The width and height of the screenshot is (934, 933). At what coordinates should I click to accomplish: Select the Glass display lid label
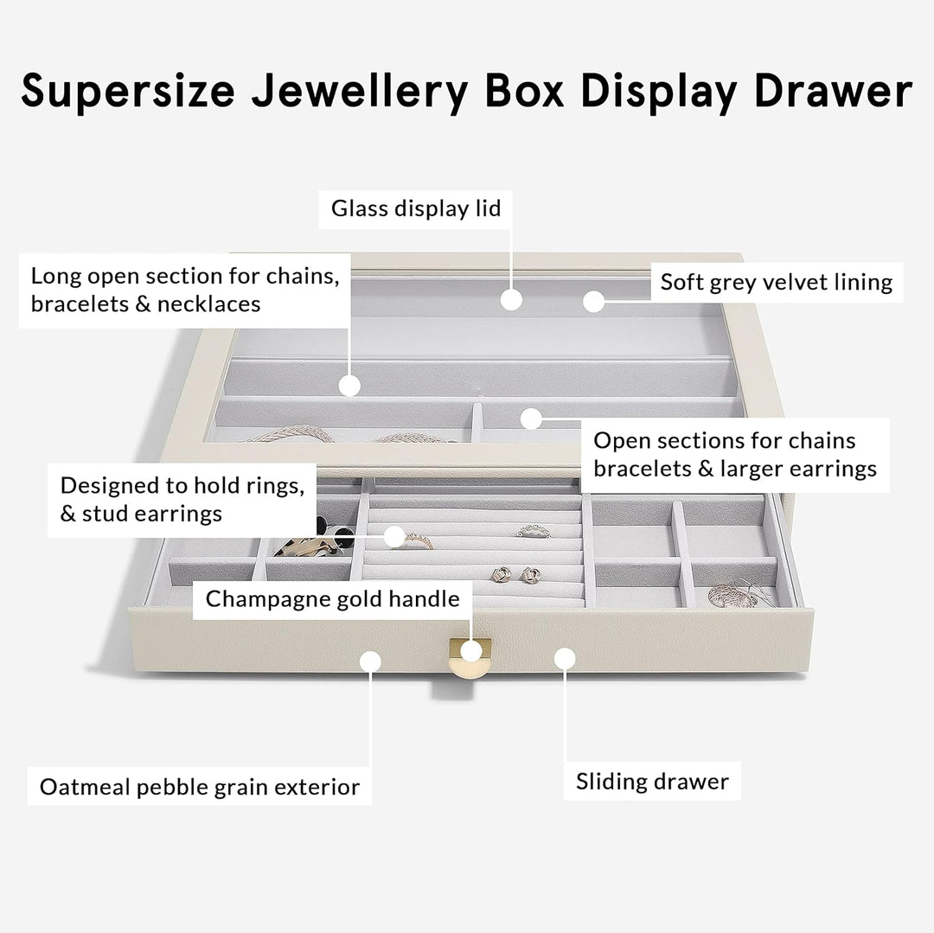pos(416,208)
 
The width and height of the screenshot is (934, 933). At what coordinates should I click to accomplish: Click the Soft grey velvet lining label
pos(776,282)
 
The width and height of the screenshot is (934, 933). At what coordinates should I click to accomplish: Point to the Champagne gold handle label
pos(332,598)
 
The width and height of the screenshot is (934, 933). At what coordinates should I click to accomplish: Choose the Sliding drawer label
pos(652,782)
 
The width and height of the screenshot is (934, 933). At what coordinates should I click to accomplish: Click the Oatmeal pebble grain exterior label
pos(200,787)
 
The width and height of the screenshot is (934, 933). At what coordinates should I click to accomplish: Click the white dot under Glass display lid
pos(512,300)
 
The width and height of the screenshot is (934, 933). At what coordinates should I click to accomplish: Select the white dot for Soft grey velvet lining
pos(592,301)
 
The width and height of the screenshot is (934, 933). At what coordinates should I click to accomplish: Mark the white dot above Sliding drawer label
pos(564,660)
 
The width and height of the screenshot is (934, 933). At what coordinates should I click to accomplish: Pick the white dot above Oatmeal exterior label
pos(370,661)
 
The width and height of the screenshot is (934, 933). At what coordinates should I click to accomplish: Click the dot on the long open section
pos(349,386)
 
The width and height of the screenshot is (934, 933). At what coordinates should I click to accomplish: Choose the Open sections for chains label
pos(734,454)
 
